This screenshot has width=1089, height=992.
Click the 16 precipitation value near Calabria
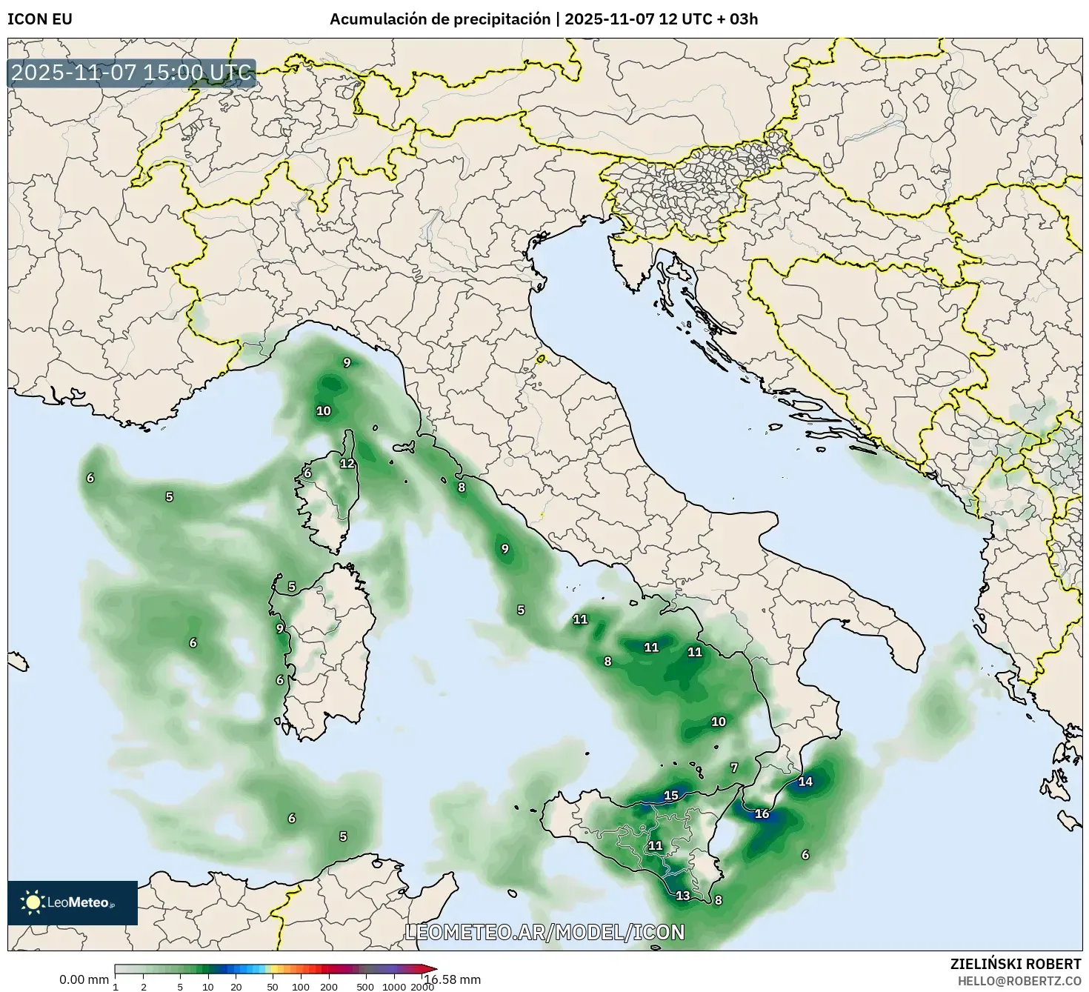(x=762, y=813)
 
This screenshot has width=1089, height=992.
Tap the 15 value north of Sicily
(x=671, y=796)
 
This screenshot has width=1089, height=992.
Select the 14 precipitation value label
(x=805, y=782)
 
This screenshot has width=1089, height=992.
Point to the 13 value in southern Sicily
(x=683, y=896)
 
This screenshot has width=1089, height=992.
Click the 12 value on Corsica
(x=347, y=464)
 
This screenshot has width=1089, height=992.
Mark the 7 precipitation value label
(x=734, y=768)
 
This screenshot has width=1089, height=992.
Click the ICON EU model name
(x=40, y=19)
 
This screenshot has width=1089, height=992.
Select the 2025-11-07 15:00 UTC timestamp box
(x=132, y=73)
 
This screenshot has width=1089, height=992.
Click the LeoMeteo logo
(x=73, y=902)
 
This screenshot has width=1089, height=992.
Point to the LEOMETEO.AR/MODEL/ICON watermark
(x=545, y=932)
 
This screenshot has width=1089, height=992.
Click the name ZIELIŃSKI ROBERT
(x=1016, y=964)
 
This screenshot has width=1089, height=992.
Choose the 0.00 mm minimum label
(x=84, y=980)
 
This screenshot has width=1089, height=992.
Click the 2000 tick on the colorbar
(x=422, y=987)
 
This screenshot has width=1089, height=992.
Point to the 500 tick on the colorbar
(x=365, y=987)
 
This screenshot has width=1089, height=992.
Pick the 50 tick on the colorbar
(x=273, y=987)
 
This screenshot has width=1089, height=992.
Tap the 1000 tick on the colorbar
(x=394, y=987)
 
